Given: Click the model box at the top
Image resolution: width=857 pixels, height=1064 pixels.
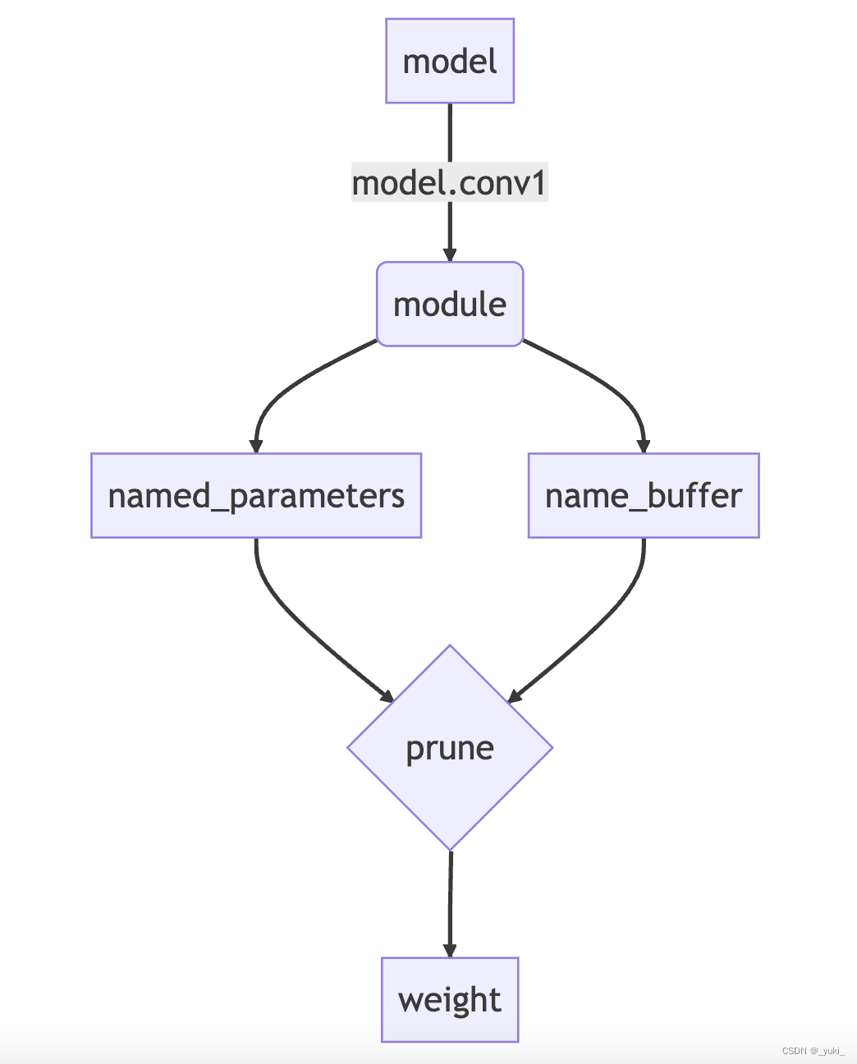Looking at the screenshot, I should pos(450,62).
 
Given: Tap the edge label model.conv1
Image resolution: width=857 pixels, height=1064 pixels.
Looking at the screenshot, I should pos(450,182).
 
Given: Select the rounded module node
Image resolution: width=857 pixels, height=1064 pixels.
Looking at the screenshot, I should pos(450,305).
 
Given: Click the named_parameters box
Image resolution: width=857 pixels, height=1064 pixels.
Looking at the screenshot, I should pos(256,496).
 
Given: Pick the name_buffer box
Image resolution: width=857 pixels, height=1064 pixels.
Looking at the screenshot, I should pos(644,496).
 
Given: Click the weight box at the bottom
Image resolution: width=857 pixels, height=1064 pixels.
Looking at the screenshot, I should pos(450,1000).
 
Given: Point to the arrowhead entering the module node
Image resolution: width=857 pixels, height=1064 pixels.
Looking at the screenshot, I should pos(450,254).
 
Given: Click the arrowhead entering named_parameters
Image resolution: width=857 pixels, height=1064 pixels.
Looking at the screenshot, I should pos(256,446).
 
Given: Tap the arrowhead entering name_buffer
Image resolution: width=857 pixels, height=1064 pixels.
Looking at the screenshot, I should pos(644,446).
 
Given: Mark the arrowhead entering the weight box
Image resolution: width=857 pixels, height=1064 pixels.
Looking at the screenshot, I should pos(450,949).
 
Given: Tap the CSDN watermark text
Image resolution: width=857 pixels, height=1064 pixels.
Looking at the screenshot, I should pos(813,1051).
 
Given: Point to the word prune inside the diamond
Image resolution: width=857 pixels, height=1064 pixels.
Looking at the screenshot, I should pos(450,748).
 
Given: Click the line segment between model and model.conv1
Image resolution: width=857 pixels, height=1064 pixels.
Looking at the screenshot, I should pos(450,131).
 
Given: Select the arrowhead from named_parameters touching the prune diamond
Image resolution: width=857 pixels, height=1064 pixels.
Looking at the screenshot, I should pos(387,696).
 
